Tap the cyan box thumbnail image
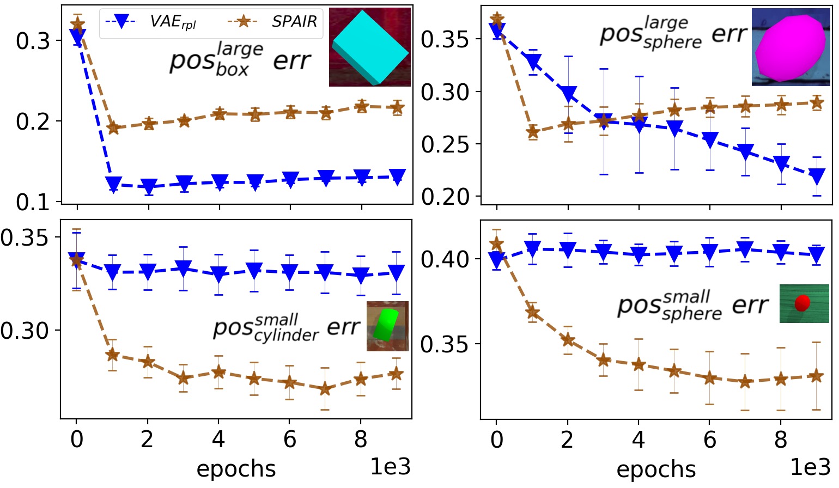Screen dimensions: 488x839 [x=369, y=47]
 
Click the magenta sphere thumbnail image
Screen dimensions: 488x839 [x=791, y=47]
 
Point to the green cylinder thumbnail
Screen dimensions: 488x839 [x=387, y=326]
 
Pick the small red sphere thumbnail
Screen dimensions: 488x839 [x=804, y=303]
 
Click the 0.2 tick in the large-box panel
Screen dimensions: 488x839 [x=33, y=121]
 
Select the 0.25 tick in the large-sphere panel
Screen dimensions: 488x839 [x=445, y=144]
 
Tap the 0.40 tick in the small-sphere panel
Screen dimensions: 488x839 [x=445, y=259]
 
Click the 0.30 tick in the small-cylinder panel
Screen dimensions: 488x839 [x=24, y=331]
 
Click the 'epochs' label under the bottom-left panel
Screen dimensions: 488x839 [x=236, y=469]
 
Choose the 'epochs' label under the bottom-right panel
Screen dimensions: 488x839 [x=656, y=469]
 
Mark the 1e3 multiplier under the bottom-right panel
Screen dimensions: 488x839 [x=810, y=467]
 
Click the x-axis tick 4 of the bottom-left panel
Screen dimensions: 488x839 [x=218, y=440]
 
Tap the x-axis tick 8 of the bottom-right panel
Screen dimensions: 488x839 [x=781, y=440]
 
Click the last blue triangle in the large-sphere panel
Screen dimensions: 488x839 [x=816, y=176]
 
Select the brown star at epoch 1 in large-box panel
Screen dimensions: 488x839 [x=113, y=128]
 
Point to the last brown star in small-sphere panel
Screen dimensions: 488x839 [x=816, y=376]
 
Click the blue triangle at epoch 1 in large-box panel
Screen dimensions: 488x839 [x=113, y=185]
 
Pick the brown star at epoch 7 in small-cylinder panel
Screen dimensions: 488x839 [x=325, y=389]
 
